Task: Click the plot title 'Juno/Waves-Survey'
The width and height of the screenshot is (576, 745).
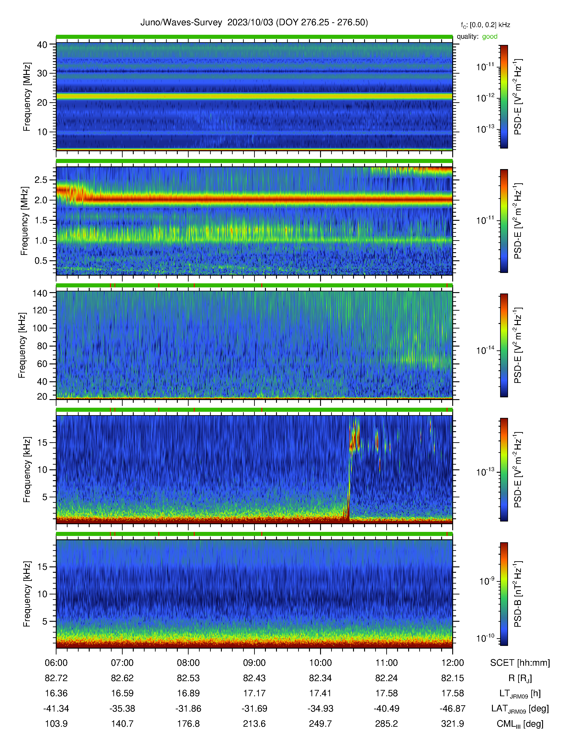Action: pos(181,23)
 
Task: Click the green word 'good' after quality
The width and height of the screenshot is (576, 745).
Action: pos(490,37)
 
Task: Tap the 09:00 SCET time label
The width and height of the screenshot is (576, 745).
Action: pos(254,663)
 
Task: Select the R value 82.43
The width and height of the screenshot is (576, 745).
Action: pos(254,678)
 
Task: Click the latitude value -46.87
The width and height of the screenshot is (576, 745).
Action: pos(452,708)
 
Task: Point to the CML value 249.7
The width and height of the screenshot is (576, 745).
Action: pos(321,724)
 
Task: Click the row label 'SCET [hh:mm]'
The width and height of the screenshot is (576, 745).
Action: pos(520,663)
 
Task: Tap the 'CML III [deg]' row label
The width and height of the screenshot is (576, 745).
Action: pos(520,724)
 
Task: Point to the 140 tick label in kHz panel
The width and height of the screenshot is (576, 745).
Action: pos(40,293)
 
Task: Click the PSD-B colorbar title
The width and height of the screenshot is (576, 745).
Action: pos(518,594)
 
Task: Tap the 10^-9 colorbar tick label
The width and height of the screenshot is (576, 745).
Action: pos(487,581)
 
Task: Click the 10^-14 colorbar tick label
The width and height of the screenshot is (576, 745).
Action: pos(485,350)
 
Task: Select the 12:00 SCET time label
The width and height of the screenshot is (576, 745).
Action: pos(452,663)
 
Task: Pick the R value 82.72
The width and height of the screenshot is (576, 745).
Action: pos(56,678)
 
